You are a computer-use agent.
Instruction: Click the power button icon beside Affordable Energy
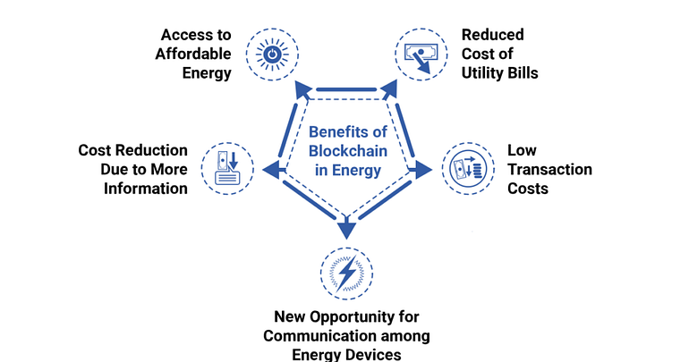tap(272, 53)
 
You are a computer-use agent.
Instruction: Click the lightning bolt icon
tap(345, 271)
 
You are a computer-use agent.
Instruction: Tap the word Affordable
tap(195, 54)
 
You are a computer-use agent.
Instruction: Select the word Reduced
tap(492, 35)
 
